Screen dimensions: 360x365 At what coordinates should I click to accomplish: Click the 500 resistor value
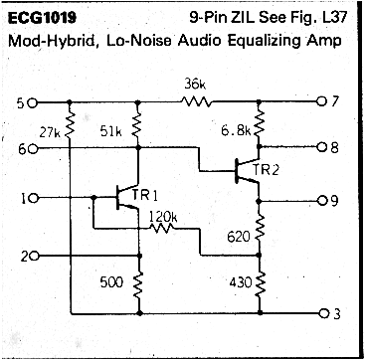[x=112, y=282]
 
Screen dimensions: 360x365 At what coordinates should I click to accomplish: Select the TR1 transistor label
[x=146, y=187]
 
